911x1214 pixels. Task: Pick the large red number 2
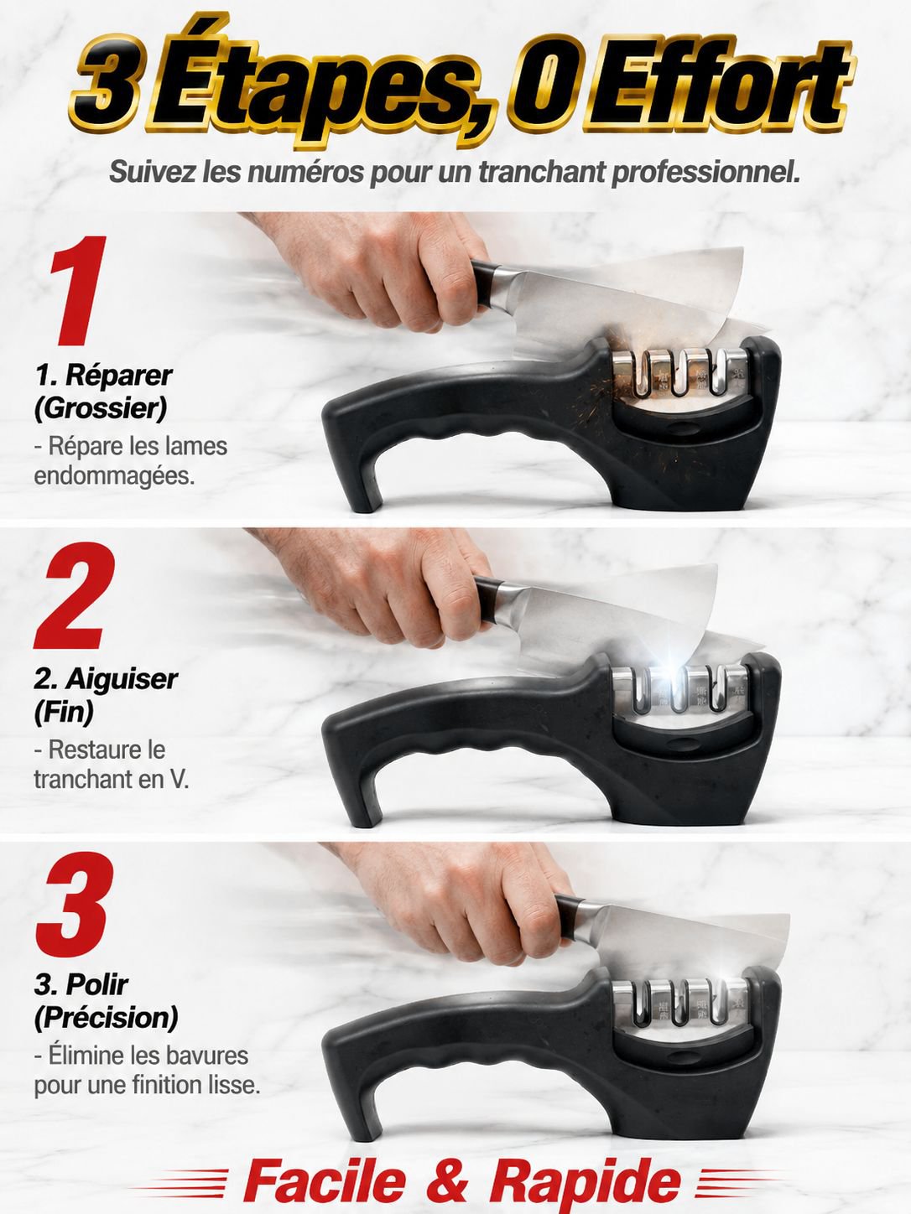75,595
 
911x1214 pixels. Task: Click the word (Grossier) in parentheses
100,409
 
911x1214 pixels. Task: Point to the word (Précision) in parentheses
107,1016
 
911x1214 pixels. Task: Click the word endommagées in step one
114,475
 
